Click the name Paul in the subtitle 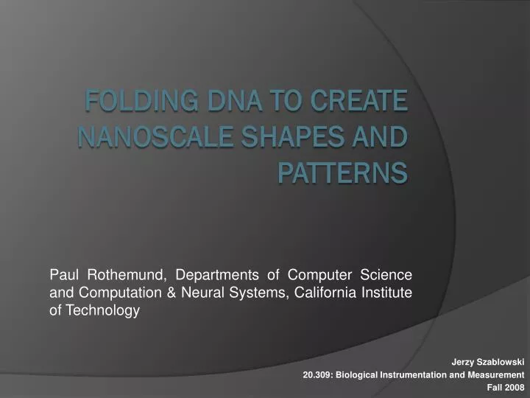(x=64, y=276)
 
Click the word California (x=329, y=293)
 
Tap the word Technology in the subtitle (x=102, y=311)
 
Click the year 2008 (x=515, y=387)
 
